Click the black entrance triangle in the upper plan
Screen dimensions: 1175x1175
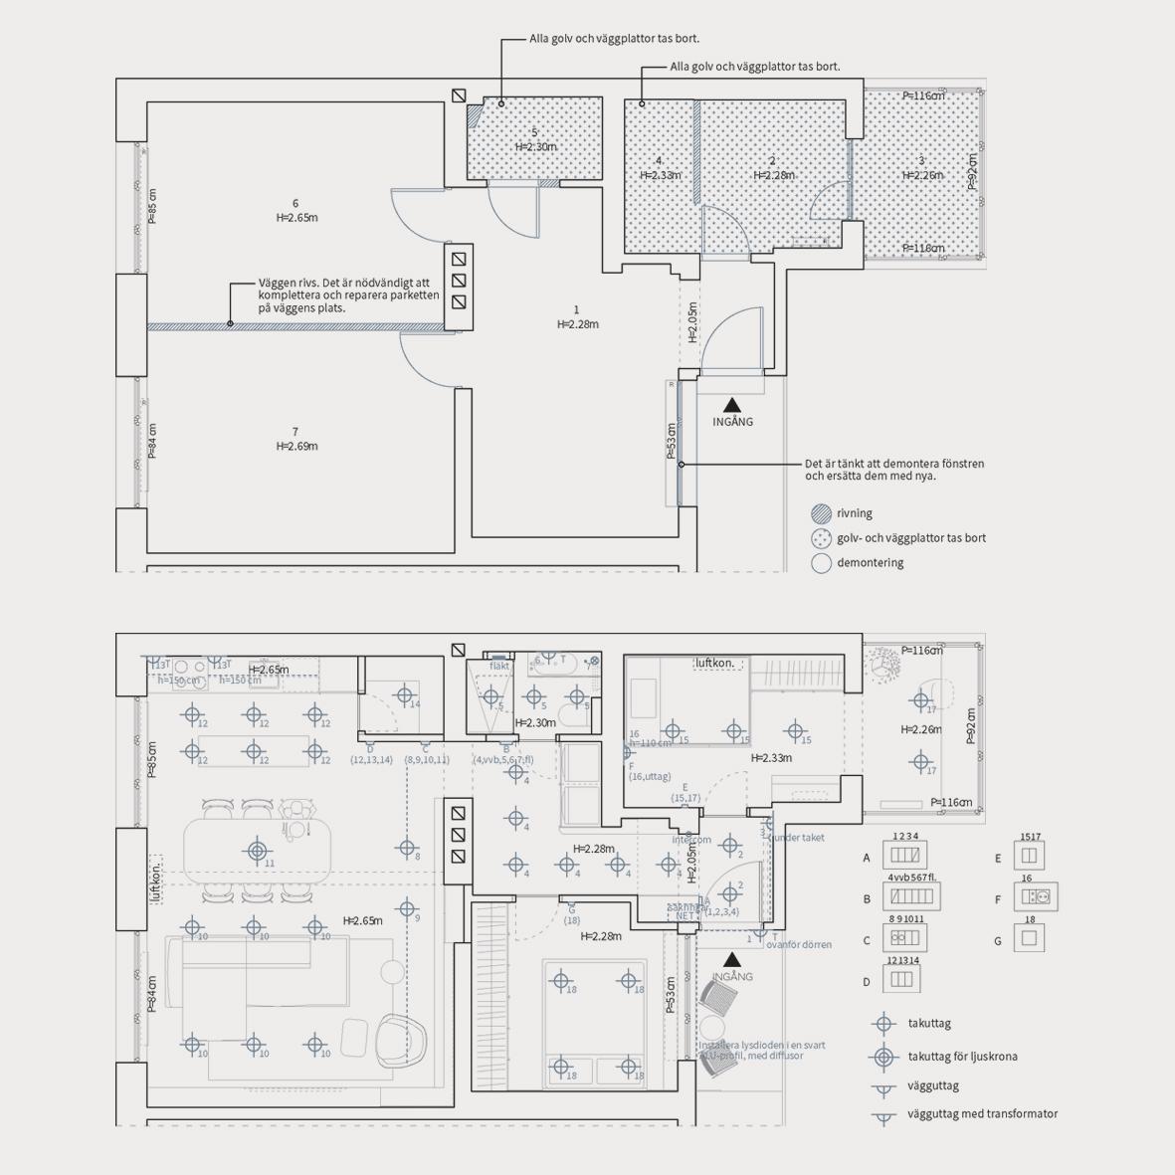[x=732, y=404]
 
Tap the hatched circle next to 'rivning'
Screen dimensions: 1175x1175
[x=821, y=513]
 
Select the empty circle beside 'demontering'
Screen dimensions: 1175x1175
[x=821, y=563]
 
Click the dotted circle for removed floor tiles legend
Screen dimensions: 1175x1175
[x=821, y=538]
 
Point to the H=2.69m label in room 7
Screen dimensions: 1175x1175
[x=296, y=447]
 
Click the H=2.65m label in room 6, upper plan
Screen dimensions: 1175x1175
[x=296, y=218]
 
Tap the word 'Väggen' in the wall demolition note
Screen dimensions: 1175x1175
[x=277, y=284]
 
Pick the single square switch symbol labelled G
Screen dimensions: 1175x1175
[x=1030, y=938]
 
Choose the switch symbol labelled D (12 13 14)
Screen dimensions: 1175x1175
[x=901, y=980]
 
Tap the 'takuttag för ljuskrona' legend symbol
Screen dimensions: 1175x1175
[x=882, y=1057]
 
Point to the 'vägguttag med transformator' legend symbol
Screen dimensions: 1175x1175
[x=882, y=1116]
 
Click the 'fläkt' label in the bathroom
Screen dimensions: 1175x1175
[x=499, y=667]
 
